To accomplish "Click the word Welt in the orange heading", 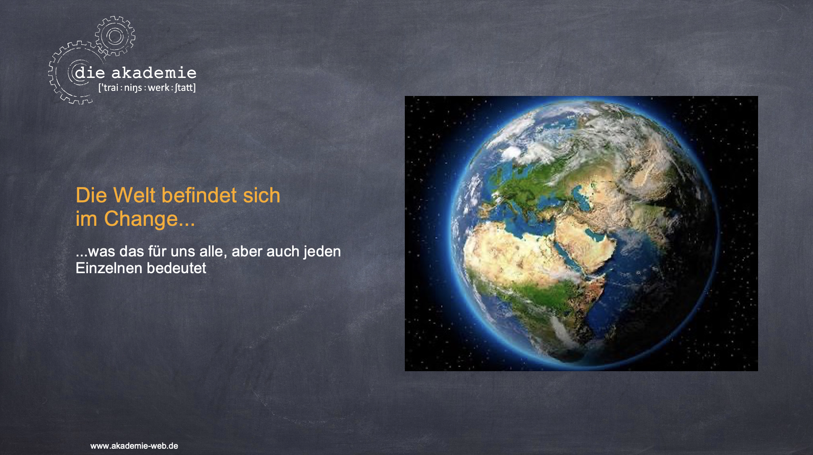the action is tap(135, 195).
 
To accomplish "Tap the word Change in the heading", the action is tap(141, 219).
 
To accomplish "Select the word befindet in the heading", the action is tap(199, 195).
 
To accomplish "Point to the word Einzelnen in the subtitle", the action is tap(109, 268).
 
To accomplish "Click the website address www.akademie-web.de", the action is tap(134, 446).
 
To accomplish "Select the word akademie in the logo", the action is tap(154, 73).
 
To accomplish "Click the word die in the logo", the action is tap(90, 73).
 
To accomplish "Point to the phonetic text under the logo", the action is tap(147, 88).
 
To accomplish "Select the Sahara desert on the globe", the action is tap(511, 256).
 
